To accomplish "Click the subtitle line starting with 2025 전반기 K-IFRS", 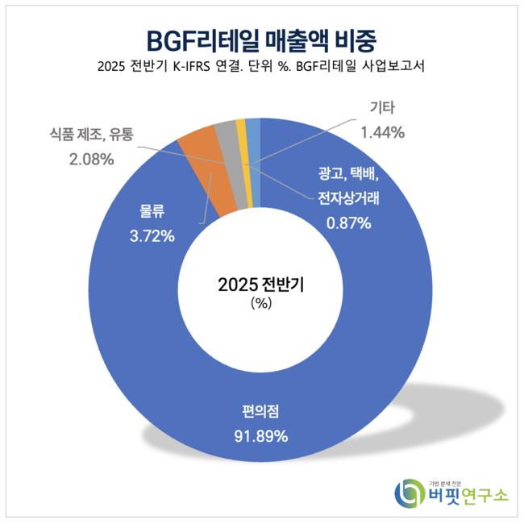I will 262,68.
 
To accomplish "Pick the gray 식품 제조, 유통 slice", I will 225,133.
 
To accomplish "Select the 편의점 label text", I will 261,414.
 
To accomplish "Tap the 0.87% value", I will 349,223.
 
